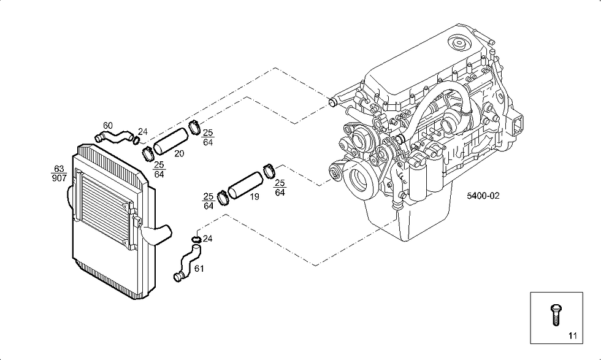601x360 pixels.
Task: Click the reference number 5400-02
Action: [x=483, y=196]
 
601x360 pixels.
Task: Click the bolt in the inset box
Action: [x=556, y=315]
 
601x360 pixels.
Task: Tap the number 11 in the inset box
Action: [x=573, y=336]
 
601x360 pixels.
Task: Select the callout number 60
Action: [x=108, y=125]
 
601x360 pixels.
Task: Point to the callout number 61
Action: [x=199, y=269]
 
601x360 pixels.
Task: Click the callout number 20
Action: [x=179, y=153]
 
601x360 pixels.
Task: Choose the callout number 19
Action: [x=254, y=197]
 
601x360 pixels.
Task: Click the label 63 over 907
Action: [x=59, y=174]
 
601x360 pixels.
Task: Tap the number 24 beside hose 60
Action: [x=142, y=132]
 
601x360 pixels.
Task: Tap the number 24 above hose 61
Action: [x=207, y=239]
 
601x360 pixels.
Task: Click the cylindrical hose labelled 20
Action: [x=171, y=140]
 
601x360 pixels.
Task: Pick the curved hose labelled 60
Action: [x=113, y=136]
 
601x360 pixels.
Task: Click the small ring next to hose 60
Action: [x=136, y=140]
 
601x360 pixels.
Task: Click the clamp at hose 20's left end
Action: [x=148, y=153]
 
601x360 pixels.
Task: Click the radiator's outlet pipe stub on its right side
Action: [x=157, y=235]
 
